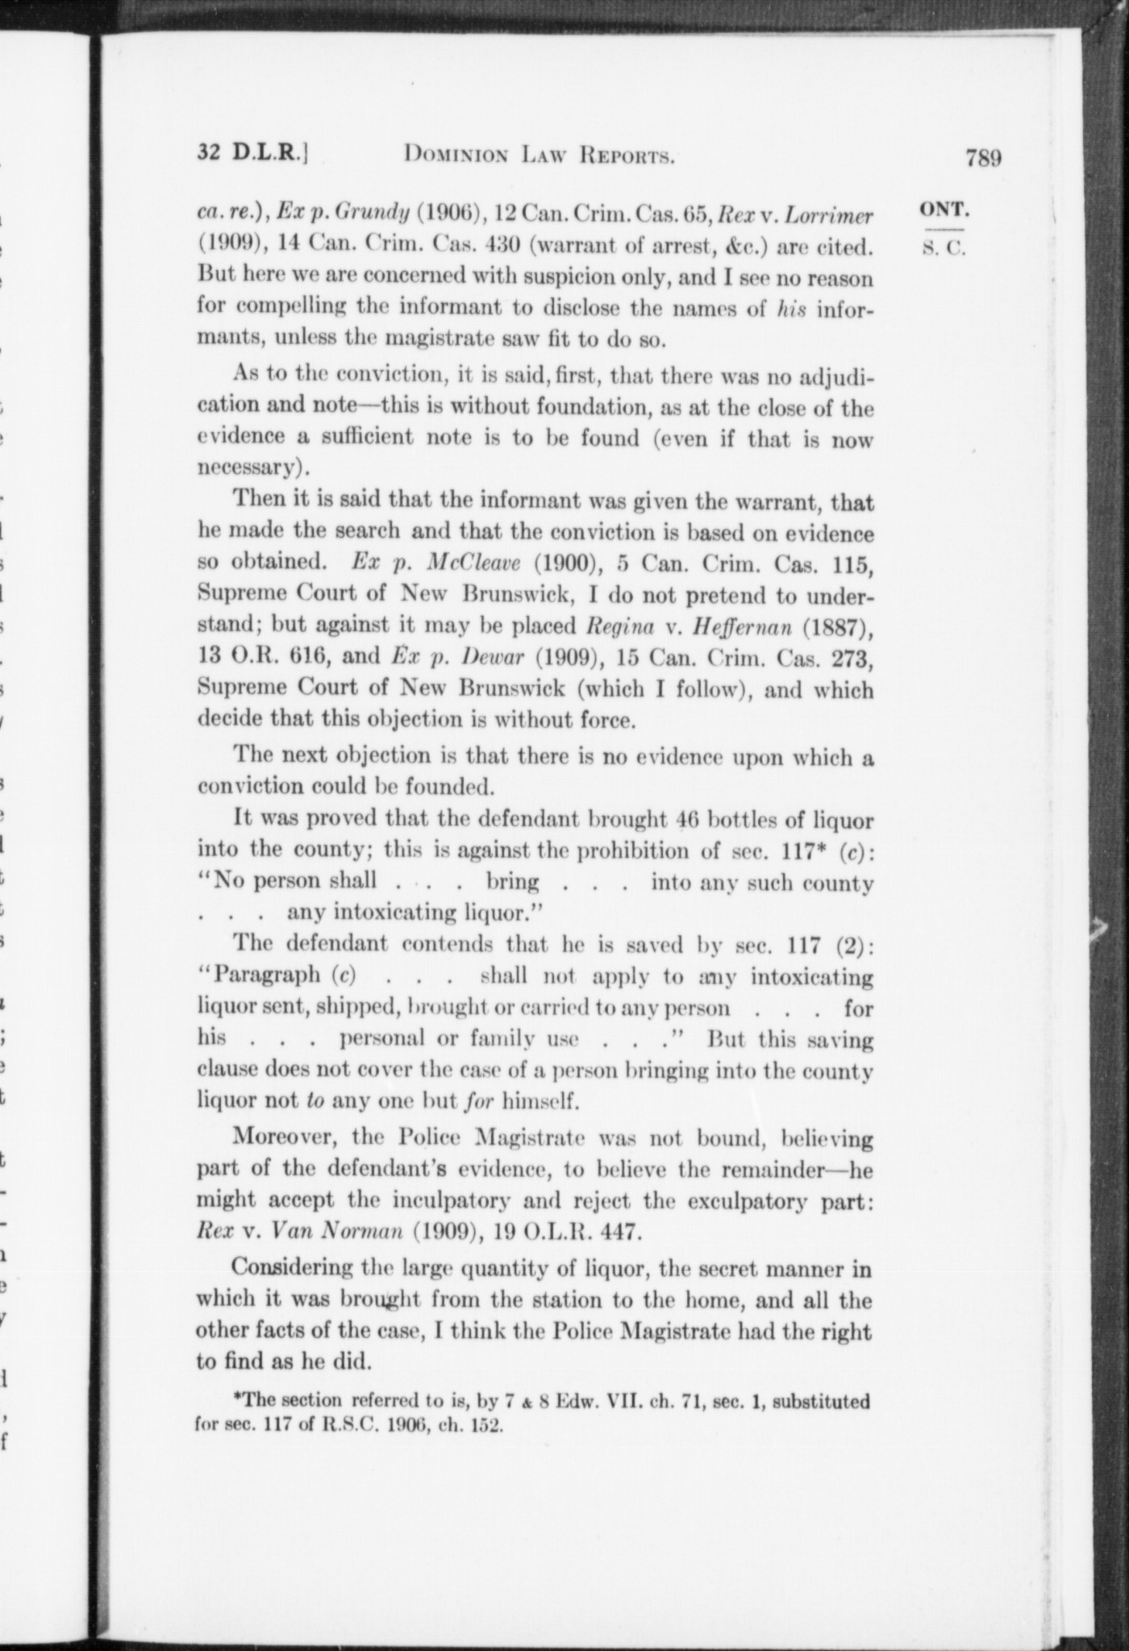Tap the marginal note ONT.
click(944, 209)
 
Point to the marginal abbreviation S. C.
click(944, 248)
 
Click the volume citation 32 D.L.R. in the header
click(252, 152)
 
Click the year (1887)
click(844, 625)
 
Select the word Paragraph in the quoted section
click(266, 975)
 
